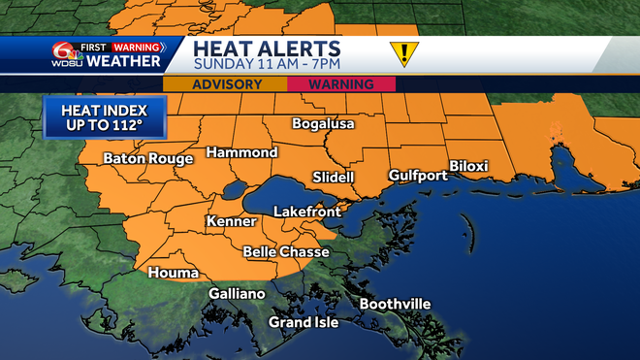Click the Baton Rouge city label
coord(144,158)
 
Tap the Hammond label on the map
coord(241,152)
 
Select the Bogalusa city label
coord(324,124)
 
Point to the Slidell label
coord(334,177)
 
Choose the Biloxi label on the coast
coord(468,166)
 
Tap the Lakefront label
coord(304,211)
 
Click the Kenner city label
coord(231,222)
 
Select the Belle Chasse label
coord(286,252)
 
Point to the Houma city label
coord(173,273)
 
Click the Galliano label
coord(237,293)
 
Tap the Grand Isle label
coord(304,322)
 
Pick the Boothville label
coord(395,304)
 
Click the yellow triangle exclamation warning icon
coord(402,53)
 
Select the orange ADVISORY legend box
coord(226,84)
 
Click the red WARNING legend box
coord(341,84)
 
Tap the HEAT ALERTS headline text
coord(266,48)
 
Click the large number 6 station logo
coord(63,54)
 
